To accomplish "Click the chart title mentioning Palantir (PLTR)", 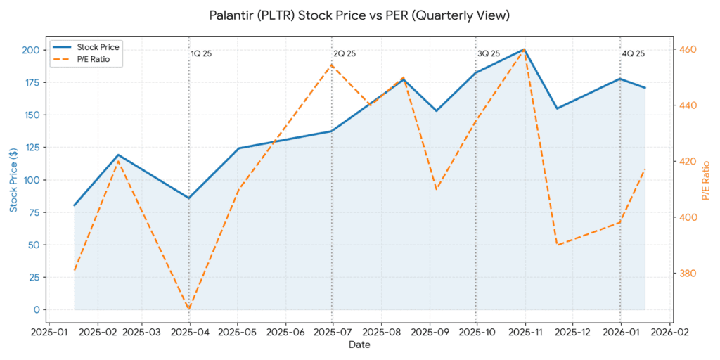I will click(359, 15).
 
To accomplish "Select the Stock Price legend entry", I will click(98, 47).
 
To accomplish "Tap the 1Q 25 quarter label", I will click(202, 53).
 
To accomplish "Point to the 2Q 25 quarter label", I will click(345, 53).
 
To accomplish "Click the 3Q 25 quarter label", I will click(489, 53).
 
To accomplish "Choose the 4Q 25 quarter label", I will click(633, 53).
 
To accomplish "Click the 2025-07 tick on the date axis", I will click(332, 332).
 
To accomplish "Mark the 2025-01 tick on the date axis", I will click(50, 332).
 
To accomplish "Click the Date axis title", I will click(359, 345).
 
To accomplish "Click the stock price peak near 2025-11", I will click(525, 49).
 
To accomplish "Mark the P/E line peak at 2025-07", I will click(332, 65).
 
